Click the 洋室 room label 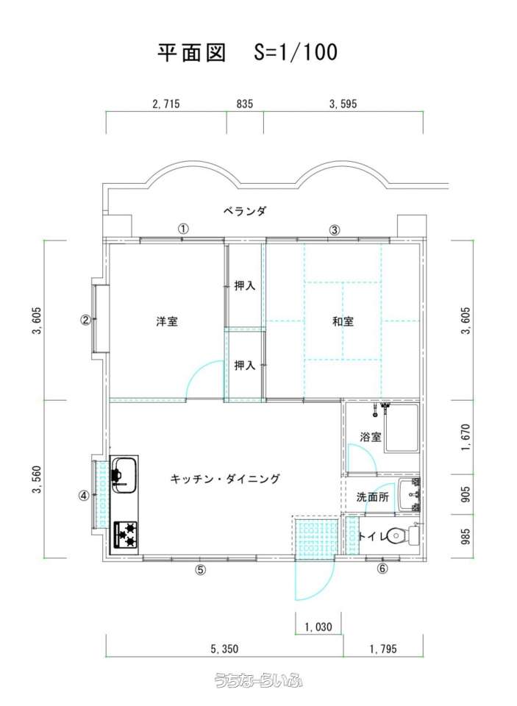pyautogui.click(x=167, y=321)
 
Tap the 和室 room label pyautogui.click(x=343, y=321)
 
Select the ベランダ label pyautogui.click(x=245, y=211)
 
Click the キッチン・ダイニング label pyautogui.click(x=225, y=479)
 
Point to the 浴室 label pyautogui.click(x=371, y=437)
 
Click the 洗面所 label pyautogui.click(x=372, y=497)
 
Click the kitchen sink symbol pyautogui.click(x=124, y=473)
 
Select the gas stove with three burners pyautogui.click(x=125, y=535)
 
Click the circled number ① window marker pyautogui.click(x=183, y=229)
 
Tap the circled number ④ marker pyautogui.click(x=84, y=495)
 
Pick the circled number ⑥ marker pyautogui.click(x=382, y=569)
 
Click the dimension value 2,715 pyautogui.click(x=166, y=104)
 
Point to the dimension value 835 pyautogui.click(x=245, y=104)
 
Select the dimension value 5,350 pyautogui.click(x=224, y=649)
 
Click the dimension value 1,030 pyautogui.click(x=318, y=627)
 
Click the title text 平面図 pyautogui.click(x=191, y=52)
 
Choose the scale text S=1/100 pyautogui.click(x=296, y=51)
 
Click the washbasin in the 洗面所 pyautogui.click(x=409, y=495)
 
